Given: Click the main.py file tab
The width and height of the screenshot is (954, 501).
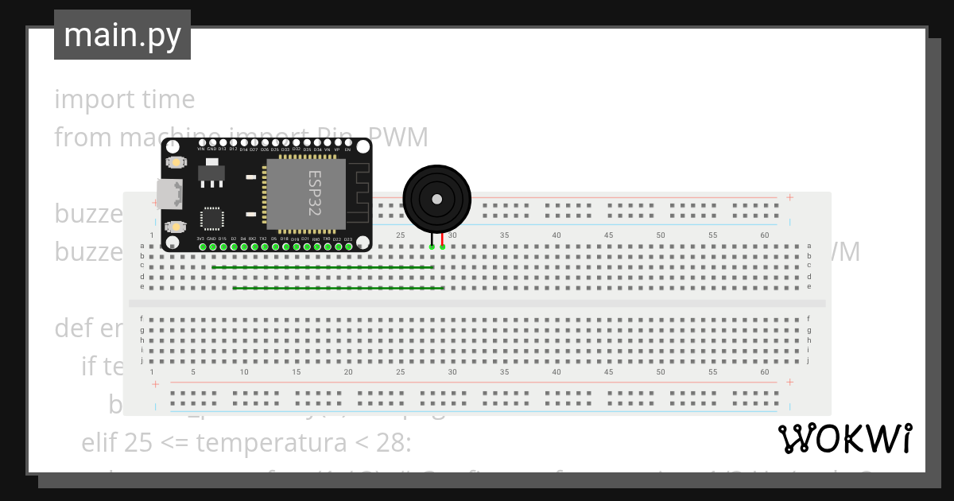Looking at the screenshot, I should pyautogui.click(x=122, y=35).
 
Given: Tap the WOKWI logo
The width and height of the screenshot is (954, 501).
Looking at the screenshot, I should pyautogui.click(x=845, y=439).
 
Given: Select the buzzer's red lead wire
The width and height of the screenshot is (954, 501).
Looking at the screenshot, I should pyautogui.click(x=442, y=239).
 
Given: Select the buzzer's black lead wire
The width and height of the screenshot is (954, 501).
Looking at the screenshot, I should pyautogui.click(x=432, y=239).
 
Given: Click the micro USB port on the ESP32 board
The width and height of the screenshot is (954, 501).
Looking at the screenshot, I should pyautogui.click(x=169, y=193).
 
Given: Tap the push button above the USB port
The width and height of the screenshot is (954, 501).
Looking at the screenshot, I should pyautogui.click(x=176, y=162).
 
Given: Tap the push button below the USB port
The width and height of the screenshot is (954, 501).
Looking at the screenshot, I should pyautogui.click(x=176, y=226).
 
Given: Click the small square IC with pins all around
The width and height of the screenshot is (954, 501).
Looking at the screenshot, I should pyautogui.click(x=212, y=219).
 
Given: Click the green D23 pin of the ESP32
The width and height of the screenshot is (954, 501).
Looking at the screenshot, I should pyautogui.click(x=348, y=247).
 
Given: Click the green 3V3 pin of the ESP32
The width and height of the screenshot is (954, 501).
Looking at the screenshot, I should pyautogui.click(x=202, y=247).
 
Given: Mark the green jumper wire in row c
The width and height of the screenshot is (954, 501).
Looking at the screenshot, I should pyautogui.click(x=322, y=267).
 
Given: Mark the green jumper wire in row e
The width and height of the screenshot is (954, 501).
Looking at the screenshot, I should pyautogui.click(x=338, y=287).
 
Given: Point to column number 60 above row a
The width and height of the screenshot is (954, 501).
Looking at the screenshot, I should pyautogui.click(x=764, y=235).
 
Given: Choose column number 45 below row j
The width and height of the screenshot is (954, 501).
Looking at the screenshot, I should pyautogui.click(x=608, y=371).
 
